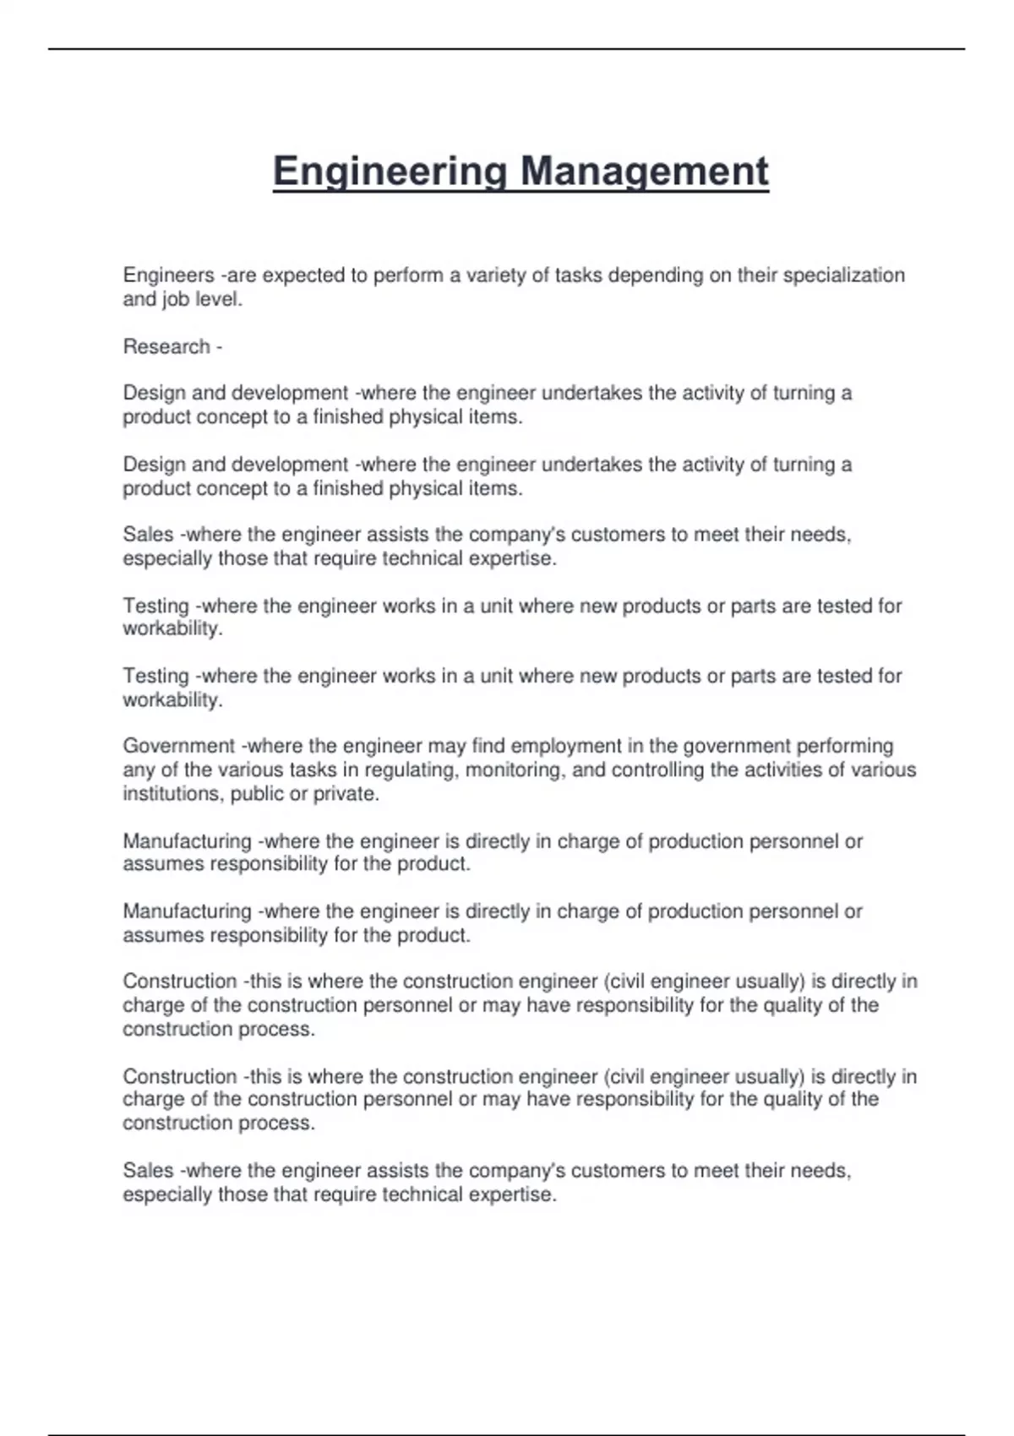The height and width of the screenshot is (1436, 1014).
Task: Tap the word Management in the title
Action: [644, 171]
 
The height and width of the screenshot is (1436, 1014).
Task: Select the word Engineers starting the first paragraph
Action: [168, 275]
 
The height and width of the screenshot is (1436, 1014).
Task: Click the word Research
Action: [166, 346]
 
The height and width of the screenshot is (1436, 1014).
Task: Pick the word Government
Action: [178, 746]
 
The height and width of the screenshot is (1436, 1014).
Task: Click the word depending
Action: [656, 275]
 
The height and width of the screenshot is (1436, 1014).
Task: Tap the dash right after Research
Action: [219, 346]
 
